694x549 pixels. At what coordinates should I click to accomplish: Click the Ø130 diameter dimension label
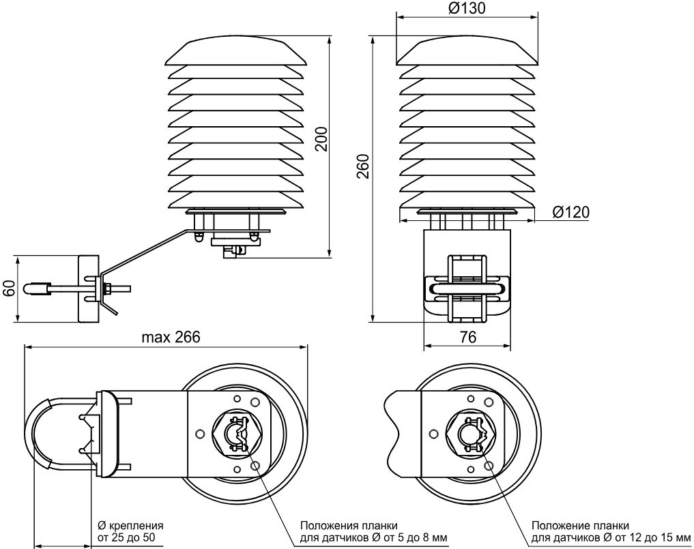[x=467, y=8]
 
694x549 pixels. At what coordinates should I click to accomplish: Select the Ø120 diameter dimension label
[x=571, y=212]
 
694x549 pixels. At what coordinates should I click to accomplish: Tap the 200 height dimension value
[x=322, y=139]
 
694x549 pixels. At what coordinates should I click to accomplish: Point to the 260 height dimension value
[x=363, y=166]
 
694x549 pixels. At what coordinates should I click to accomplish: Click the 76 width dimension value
[x=468, y=338]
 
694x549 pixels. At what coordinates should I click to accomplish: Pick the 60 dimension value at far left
[x=8, y=288]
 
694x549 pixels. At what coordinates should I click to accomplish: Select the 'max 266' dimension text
[x=171, y=338]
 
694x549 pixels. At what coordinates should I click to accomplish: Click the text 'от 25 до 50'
[x=126, y=538]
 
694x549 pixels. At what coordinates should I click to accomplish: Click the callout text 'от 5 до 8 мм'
[x=411, y=538]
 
